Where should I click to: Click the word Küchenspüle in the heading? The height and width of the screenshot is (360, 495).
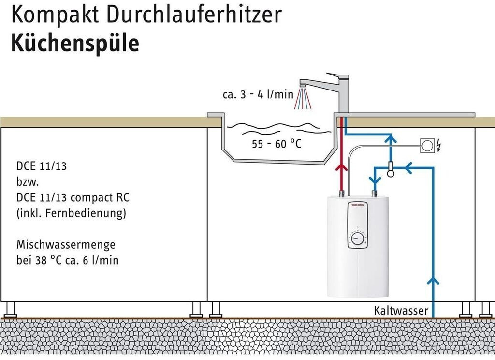pyautogui.click(x=75, y=44)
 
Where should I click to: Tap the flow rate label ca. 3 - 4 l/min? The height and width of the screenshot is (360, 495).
pyautogui.click(x=258, y=94)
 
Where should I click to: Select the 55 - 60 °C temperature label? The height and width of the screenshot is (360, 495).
pyautogui.click(x=277, y=144)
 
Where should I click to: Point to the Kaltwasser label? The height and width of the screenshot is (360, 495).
pyautogui.click(x=401, y=310)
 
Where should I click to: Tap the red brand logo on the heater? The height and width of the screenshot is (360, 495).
pyautogui.click(x=358, y=205)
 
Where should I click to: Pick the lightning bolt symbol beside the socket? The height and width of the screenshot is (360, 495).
pyautogui.click(x=438, y=145)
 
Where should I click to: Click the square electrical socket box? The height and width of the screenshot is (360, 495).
pyautogui.click(x=428, y=145)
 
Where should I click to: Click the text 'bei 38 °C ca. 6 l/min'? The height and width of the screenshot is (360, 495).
pyautogui.click(x=67, y=260)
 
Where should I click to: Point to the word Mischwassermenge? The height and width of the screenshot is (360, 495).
pyautogui.click(x=66, y=244)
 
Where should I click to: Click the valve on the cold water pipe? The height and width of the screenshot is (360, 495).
pyautogui.click(x=390, y=168)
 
